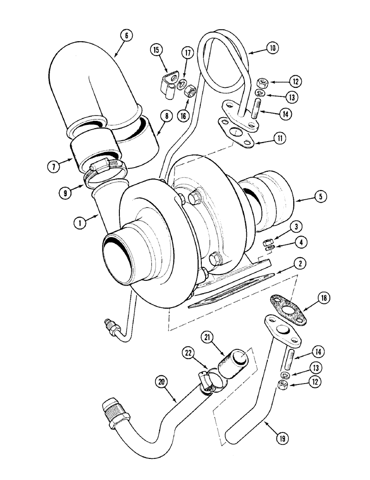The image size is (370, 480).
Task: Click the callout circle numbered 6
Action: pyautogui.click(x=126, y=35)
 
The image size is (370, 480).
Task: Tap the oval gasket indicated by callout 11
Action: pyautogui.click(x=235, y=132)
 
